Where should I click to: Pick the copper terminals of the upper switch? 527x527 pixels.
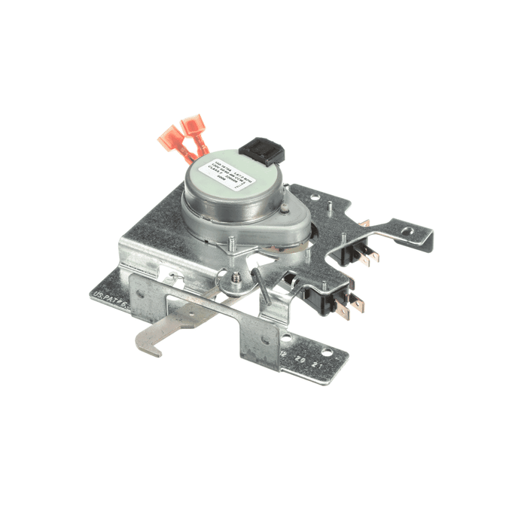(x=370, y=256)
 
